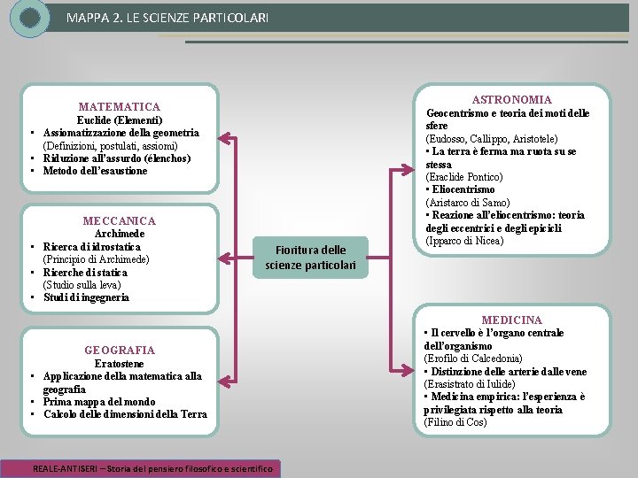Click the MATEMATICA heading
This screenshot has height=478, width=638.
[x=119, y=107]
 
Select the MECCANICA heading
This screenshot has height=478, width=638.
[x=119, y=220]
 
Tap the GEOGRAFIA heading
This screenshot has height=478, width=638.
[x=119, y=351]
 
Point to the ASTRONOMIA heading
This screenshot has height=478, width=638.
[x=511, y=100]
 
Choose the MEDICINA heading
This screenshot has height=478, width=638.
[x=511, y=320]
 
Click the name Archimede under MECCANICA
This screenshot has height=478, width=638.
[x=119, y=234]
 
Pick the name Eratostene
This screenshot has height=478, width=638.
[x=119, y=364]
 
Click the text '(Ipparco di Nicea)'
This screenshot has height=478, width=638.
[x=465, y=241]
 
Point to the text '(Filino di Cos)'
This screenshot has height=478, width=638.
[x=455, y=422]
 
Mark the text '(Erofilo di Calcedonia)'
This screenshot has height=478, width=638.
[x=473, y=358]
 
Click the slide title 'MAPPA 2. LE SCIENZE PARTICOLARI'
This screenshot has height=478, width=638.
[x=167, y=18]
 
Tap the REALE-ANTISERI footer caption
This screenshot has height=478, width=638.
[x=152, y=468]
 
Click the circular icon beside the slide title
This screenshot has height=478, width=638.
[x=30, y=17]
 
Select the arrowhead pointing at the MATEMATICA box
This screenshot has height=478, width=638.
[x=224, y=138]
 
